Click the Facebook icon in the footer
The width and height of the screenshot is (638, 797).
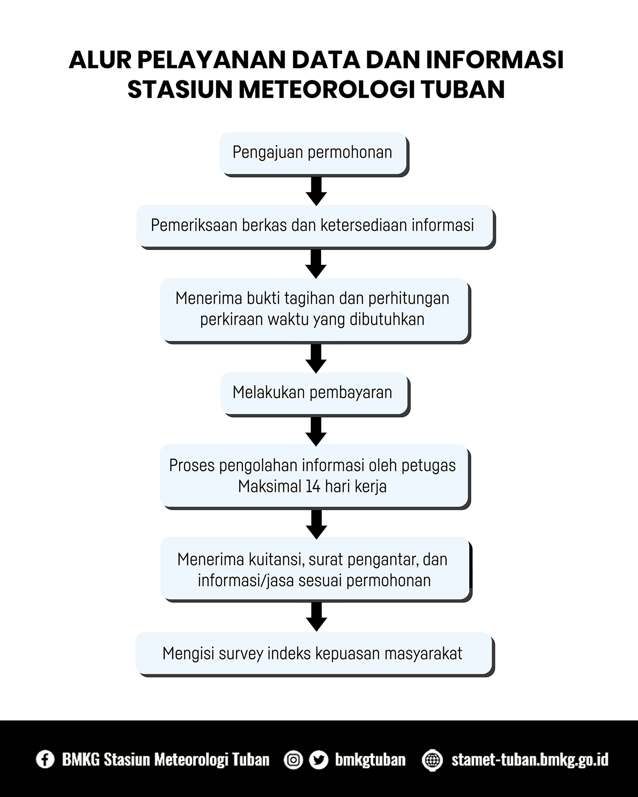45,759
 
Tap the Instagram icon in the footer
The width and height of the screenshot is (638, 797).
293,760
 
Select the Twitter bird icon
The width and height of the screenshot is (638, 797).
319,760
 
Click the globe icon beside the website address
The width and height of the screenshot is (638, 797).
432,760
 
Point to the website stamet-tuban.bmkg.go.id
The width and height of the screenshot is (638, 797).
530,760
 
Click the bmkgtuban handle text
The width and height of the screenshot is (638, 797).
370,760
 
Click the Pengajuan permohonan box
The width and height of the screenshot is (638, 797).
313,153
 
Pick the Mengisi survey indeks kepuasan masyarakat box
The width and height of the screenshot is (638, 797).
313,653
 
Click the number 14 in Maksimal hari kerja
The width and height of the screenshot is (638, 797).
313,486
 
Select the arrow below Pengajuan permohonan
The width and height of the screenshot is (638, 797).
316,191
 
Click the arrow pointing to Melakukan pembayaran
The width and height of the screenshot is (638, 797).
316,358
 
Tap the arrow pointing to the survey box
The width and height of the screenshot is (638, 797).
316,616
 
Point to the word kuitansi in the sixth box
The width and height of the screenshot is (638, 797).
276,560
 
